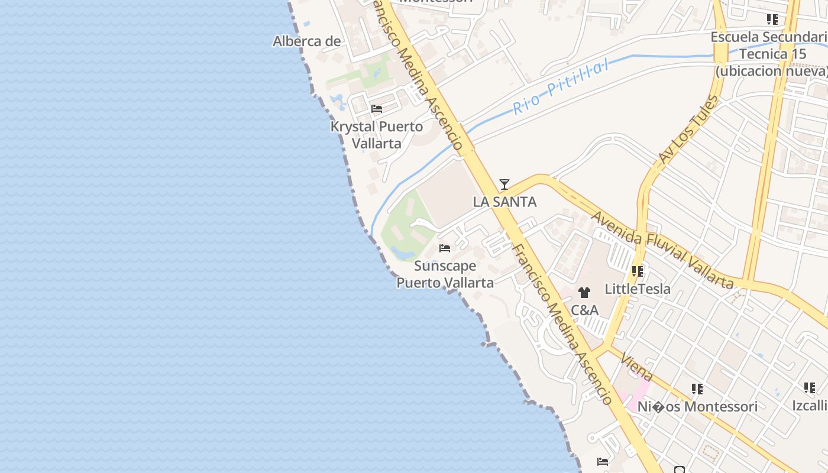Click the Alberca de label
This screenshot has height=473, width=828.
[306, 41]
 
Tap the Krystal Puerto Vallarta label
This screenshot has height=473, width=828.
[377, 135]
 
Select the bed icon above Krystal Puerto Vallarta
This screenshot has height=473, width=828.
[377, 109]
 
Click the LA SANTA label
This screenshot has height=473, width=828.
[504, 202]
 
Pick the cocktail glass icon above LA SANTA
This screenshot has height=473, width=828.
[504, 184]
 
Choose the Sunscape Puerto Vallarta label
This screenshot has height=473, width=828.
[445, 274]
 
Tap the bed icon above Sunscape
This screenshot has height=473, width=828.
[445, 248]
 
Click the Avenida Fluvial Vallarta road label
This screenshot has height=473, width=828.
[662, 251]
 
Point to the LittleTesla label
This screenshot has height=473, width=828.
[638, 289]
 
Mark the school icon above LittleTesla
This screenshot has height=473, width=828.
[638, 271]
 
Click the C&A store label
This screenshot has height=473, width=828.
[584, 310]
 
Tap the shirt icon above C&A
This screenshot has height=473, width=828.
[584, 293]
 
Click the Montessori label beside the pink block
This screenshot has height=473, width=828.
[697, 406]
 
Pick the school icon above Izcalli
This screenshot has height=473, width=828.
[810, 388]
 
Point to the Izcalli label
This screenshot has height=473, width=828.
[810, 406]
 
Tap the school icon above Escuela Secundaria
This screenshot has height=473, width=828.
[772, 20]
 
